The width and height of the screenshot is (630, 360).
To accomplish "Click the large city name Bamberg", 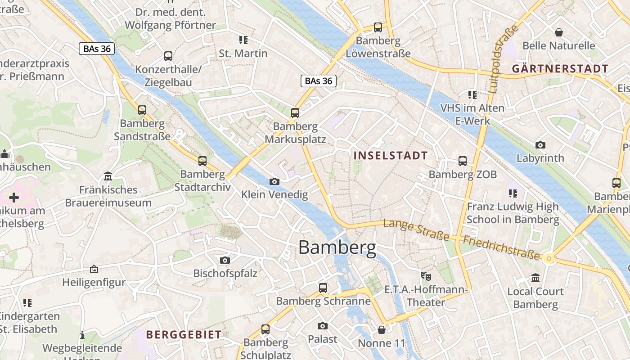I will (x=337, y=247).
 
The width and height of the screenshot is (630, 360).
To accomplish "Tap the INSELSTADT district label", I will (x=391, y=156).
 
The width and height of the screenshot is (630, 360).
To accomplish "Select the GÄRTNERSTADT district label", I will (x=560, y=69).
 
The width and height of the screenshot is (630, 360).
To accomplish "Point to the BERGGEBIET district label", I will (x=184, y=334).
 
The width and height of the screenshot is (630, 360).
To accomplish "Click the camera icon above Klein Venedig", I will (x=274, y=181).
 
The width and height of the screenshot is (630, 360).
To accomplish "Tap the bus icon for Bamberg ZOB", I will (x=462, y=161).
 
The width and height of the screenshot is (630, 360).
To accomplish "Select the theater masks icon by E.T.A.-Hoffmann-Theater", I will (x=426, y=276).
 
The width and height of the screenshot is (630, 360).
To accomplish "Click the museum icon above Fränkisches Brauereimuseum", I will (x=108, y=175).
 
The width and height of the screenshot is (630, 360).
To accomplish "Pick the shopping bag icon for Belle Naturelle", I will (x=558, y=32).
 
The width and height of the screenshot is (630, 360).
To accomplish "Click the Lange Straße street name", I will (x=416, y=229).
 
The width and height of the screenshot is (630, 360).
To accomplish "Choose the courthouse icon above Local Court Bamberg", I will (x=535, y=278).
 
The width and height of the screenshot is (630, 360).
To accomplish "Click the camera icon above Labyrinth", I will (x=540, y=145).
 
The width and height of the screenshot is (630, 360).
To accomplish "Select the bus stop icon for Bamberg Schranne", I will (x=323, y=288).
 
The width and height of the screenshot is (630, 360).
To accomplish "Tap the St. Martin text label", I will (x=243, y=54).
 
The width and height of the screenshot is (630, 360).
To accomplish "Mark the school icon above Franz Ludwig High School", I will (x=513, y=193).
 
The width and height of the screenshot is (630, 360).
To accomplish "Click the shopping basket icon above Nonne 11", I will (x=381, y=330).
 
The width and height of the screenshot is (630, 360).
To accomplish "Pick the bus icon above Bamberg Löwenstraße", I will (x=378, y=27).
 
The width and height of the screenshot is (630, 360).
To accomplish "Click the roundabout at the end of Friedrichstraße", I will (x=548, y=258).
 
